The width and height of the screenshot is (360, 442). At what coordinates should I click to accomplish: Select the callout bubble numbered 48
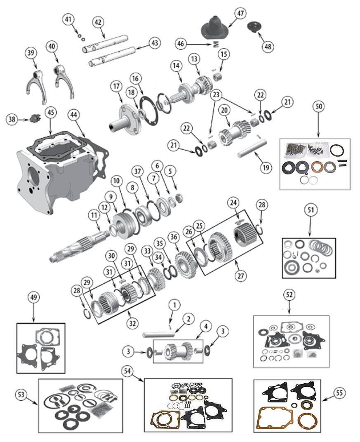coord(268,46)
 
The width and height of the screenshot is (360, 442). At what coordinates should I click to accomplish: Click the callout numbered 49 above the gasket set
coord(33,297)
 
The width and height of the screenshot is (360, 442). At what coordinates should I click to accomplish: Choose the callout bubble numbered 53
coord(21,394)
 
